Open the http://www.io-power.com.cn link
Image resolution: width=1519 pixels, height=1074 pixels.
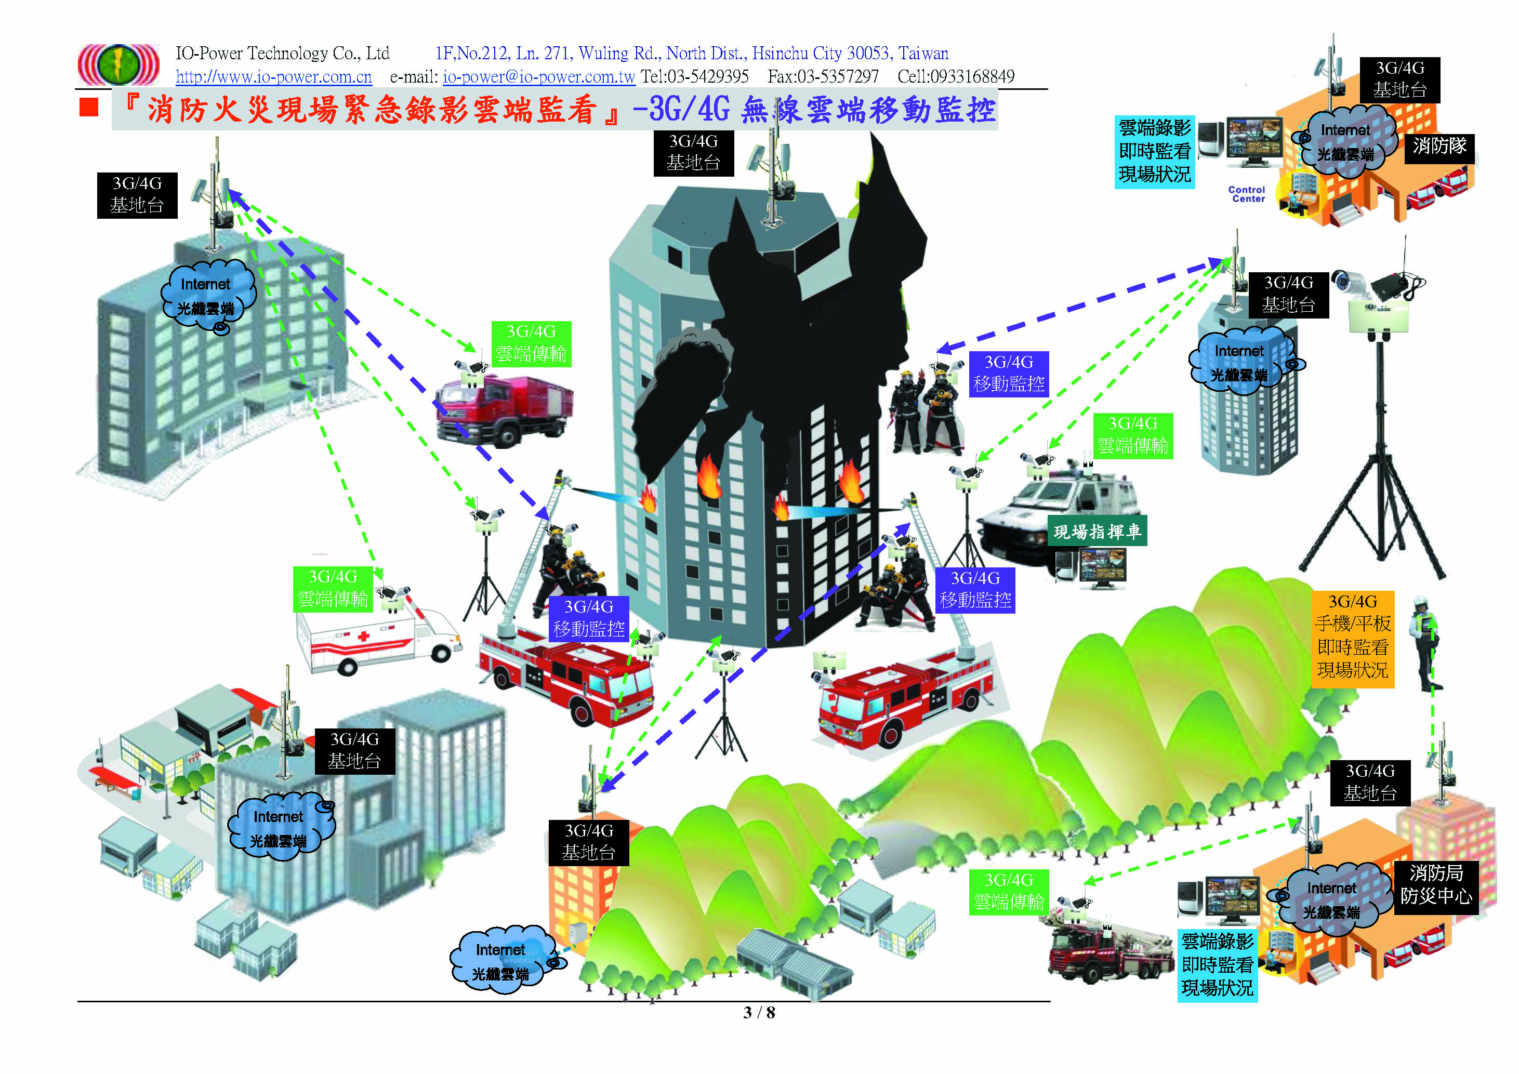(x=273, y=77)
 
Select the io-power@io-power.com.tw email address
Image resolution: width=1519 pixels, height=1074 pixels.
(x=538, y=77)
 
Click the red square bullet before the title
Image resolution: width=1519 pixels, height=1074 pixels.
(x=89, y=107)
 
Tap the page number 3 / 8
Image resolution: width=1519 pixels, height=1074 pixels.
(x=759, y=1013)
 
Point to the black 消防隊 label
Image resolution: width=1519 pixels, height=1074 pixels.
(x=1439, y=145)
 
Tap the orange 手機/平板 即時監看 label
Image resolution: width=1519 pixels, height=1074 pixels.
(x=1352, y=635)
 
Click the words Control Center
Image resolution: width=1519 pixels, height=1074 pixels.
(x=1246, y=194)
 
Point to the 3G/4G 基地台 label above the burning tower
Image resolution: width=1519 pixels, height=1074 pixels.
(x=693, y=152)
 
